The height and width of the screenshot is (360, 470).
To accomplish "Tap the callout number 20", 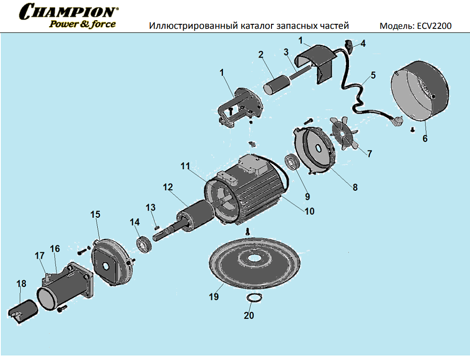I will tap(249, 316).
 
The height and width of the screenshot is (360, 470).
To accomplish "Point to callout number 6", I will tap(425, 138).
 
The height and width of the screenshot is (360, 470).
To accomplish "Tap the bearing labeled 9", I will tap(292, 162).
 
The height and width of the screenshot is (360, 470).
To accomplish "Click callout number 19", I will tap(214, 297).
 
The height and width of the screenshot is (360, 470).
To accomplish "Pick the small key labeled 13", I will tap(156, 225).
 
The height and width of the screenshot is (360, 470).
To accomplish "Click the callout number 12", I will tap(168, 187).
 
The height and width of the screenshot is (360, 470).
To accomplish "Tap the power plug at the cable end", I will tap(398, 122).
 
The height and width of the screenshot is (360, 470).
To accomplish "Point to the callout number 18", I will tap(22, 284).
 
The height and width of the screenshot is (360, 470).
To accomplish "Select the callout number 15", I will tap(95, 215).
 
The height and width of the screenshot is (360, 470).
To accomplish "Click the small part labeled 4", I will tap(348, 45).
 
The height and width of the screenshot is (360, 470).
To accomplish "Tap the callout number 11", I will tap(185, 166).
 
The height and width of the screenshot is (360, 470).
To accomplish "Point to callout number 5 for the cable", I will tap(373, 76).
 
